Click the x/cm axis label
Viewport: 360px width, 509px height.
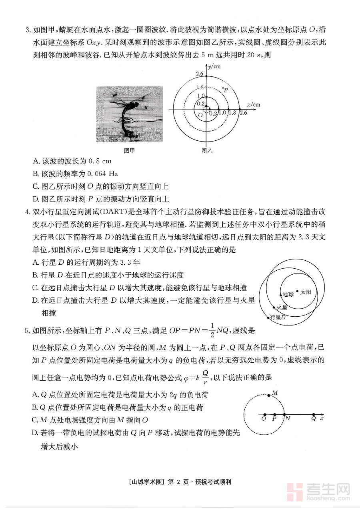tap(253, 105)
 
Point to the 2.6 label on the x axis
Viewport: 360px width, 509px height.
tap(243, 113)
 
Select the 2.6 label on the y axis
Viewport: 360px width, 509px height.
tap(200, 74)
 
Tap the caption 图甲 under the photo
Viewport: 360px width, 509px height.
tap(129, 151)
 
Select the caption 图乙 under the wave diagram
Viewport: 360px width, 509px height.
tap(207, 151)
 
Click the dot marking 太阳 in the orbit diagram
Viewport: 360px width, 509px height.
tap(297, 291)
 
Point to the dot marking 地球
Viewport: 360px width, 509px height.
tap(280, 295)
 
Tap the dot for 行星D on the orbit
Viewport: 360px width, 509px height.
tap(268, 317)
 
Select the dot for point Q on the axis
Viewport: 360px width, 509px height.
tap(313, 415)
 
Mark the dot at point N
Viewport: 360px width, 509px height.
tap(284, 415)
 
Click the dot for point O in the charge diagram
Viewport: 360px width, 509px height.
tap(265, 415)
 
